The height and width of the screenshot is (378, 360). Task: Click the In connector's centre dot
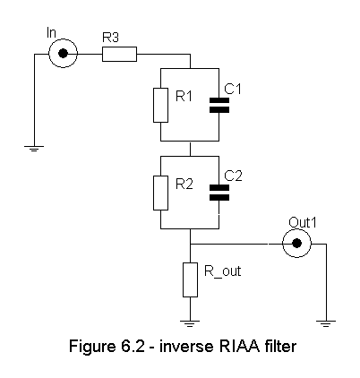coord(63,54)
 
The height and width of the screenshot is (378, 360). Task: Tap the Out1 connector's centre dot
coord(296,244)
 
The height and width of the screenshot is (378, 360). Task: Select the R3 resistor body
coord(119,54)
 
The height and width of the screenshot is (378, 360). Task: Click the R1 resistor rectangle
coord(160,105)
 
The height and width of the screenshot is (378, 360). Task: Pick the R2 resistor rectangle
coord(160,193)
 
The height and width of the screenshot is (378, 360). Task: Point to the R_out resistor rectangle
coord(190,279)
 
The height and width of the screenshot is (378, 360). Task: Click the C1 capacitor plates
coord(219,105)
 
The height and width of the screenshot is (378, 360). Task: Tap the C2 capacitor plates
coord(219,193)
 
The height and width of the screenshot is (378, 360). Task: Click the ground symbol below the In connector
coord(34,149)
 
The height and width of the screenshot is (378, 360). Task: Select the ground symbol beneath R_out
coord(190,323)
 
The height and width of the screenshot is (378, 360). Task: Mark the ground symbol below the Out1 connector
coord(326,323)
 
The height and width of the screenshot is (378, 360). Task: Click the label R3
coord(110,38)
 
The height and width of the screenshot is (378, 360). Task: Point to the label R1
coord(184,96)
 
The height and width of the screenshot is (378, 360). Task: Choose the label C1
coord(233,89)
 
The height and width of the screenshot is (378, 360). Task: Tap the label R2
coord(184,184)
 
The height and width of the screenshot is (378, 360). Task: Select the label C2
coord(233,176)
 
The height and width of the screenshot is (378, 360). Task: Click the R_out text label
coord(222,271)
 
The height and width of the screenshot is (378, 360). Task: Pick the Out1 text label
coord(302,223)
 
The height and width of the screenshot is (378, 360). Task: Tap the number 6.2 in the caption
coord(133,347)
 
